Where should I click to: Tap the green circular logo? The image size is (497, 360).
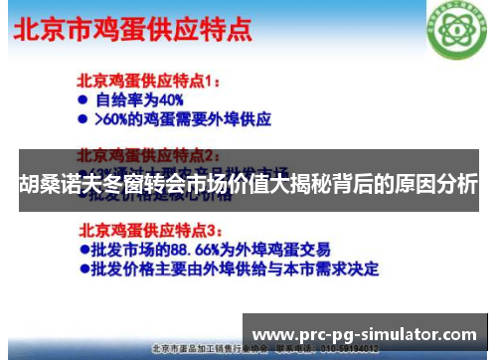[455, 28]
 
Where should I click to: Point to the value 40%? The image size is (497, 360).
[170, 99]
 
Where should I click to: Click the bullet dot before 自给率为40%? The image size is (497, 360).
[84, 99]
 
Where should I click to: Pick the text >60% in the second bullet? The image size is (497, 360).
[112, 119]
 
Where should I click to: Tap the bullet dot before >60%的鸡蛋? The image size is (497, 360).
[84, 119]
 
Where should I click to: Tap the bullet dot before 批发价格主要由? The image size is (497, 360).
[84, 268]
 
